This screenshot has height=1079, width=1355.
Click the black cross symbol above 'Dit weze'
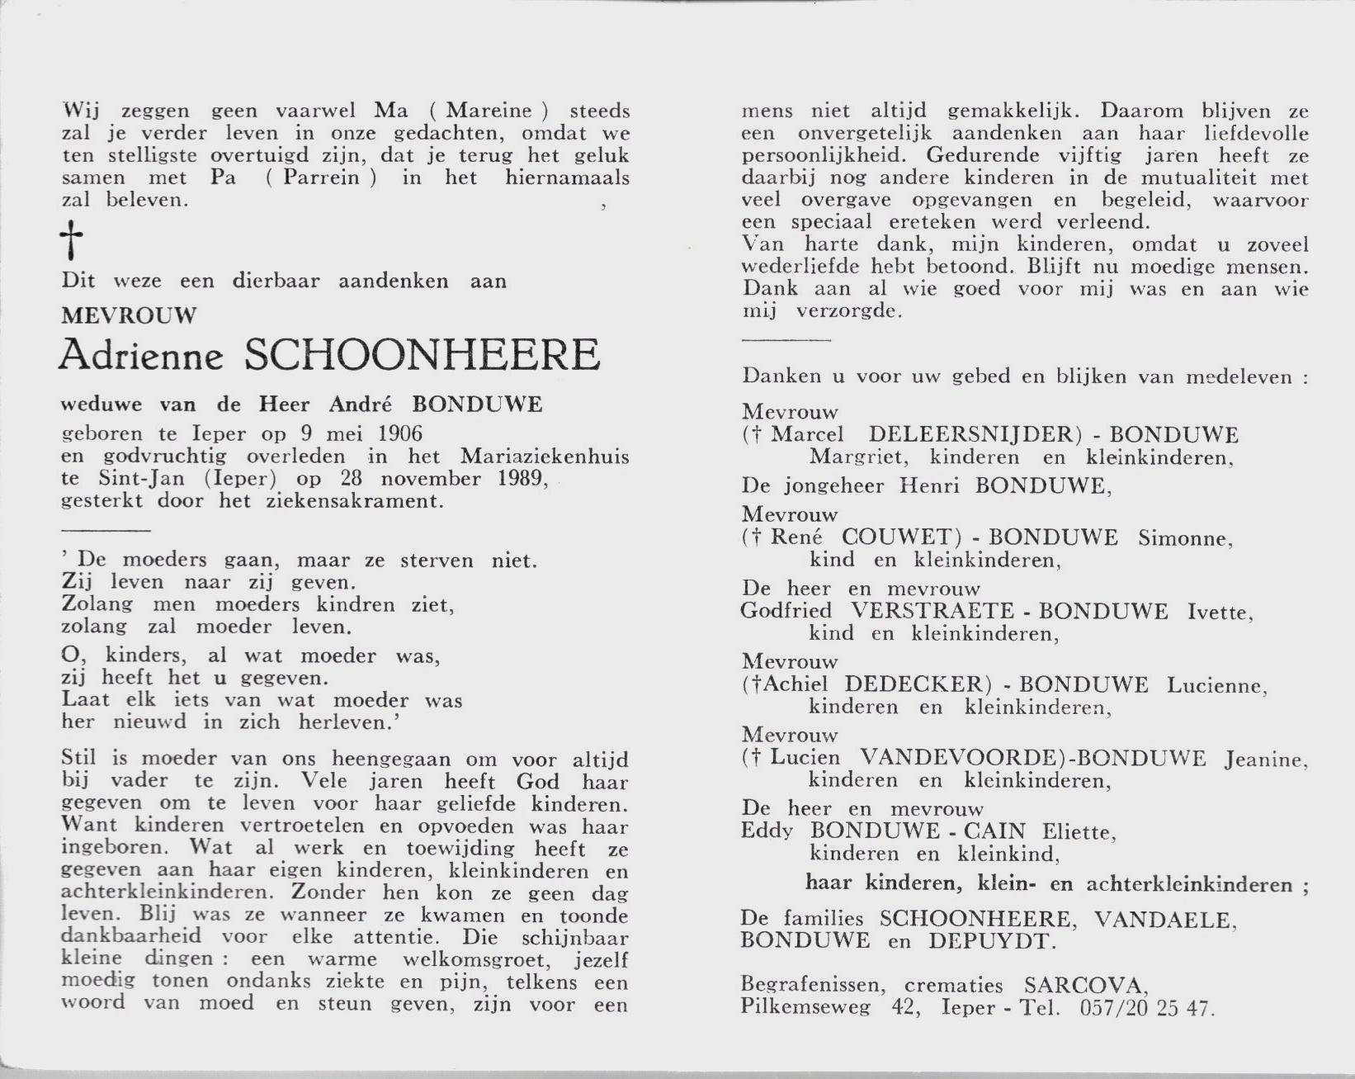pos(73,241)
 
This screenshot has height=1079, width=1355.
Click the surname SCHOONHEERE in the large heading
pos(423,356)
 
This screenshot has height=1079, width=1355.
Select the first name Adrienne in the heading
pos(141,356)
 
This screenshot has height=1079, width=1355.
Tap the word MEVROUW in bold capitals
pos(130,315)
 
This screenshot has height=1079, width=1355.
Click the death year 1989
pos(522,478)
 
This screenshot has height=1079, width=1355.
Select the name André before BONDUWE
pos(359,404)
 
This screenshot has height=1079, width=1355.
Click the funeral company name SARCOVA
pos(1084,986)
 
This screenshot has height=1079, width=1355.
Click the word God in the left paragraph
pos(538,782)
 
